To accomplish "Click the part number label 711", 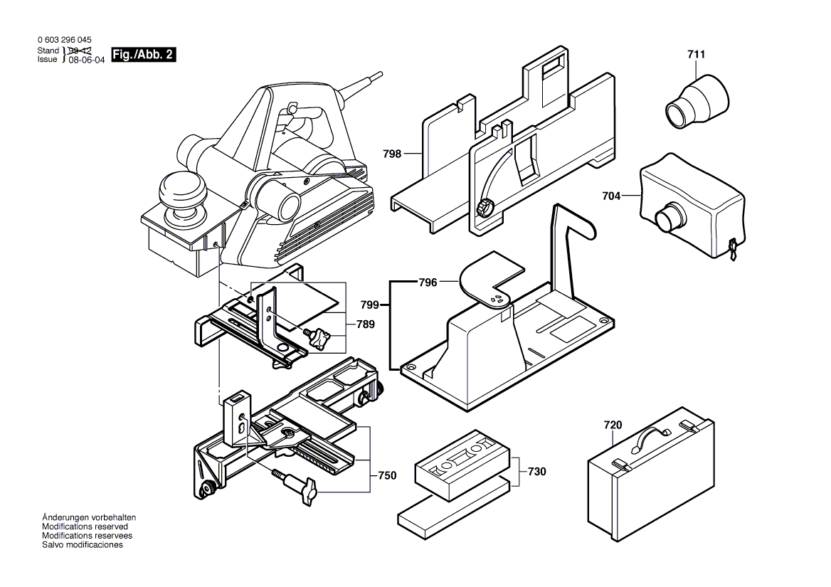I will pos(697,54).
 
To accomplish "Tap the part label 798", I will pos(391,153).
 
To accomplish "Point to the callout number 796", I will pos(428,282).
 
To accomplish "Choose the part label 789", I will pos(366,324).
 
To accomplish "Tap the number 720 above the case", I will pos(613,425).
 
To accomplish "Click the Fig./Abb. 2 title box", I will pos(144,55).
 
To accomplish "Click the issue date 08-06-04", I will pos(86,60).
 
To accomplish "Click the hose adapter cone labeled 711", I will pos(697,102).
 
